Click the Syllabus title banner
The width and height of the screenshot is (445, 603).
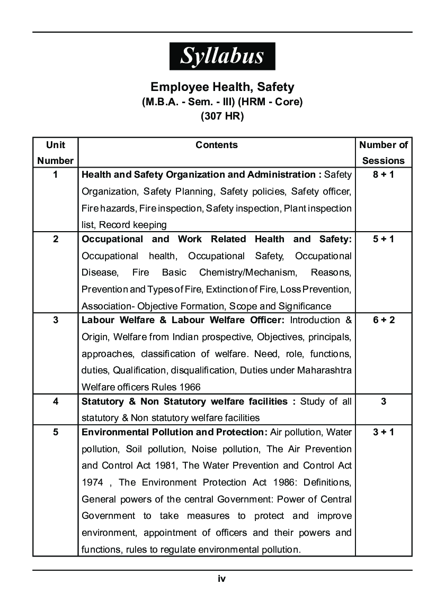[222, 56]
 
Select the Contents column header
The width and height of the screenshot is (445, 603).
[217, 145]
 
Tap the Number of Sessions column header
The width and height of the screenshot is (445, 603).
[384, 153]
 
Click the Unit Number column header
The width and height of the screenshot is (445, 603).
[56, 153]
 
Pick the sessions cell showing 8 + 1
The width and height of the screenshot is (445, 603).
[384, 175]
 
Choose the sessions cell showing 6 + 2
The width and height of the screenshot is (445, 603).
[384, 320]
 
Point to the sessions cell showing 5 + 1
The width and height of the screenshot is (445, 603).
[384, 239]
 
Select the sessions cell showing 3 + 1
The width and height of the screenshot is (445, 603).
[384, 432]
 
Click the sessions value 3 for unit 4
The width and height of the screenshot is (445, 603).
[384, 401]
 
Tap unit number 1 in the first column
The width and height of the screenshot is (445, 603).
[56, 175]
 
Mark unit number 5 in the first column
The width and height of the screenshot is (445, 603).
[56, 432]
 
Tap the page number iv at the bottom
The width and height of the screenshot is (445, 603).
[222, 579]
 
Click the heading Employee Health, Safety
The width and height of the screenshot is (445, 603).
[222, 87]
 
